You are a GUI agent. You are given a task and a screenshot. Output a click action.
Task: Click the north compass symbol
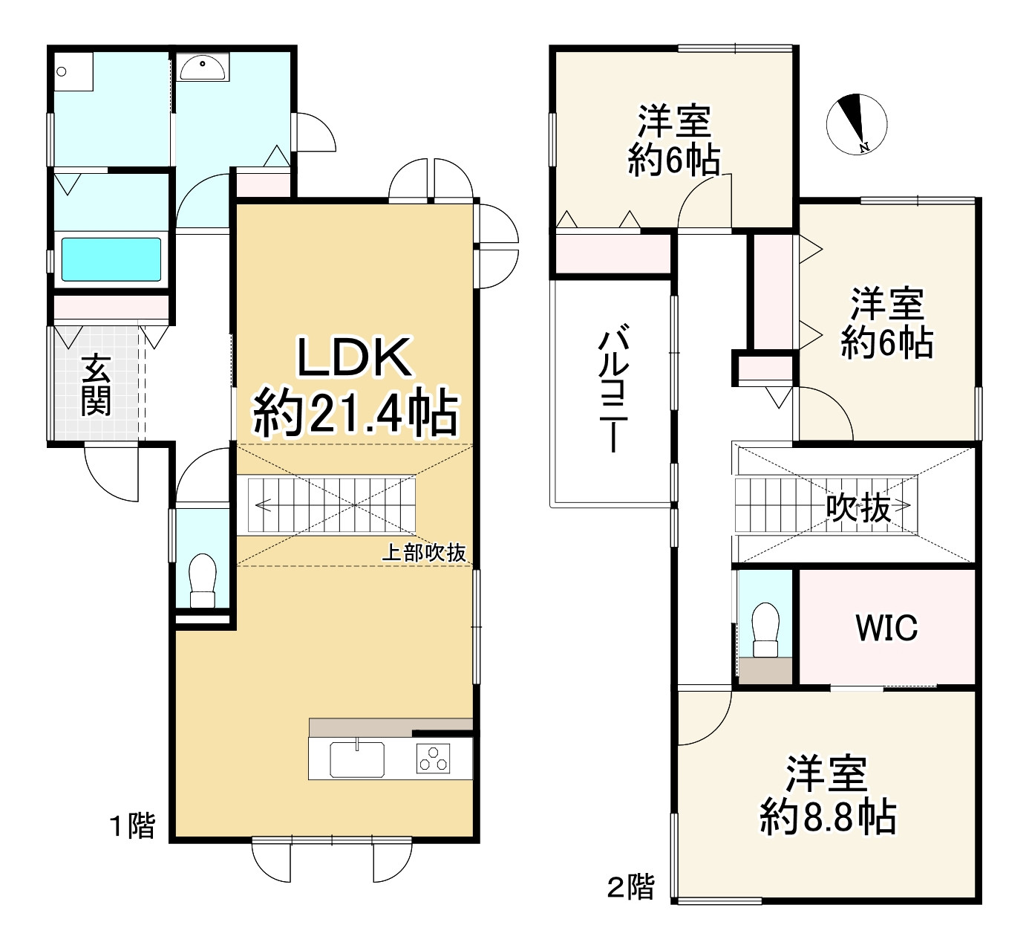[856, 125]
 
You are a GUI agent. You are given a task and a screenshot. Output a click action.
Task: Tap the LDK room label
[354, 358]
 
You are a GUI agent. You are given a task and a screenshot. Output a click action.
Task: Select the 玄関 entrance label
[96, 385]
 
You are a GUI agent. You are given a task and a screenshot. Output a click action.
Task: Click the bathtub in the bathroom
[111, 259]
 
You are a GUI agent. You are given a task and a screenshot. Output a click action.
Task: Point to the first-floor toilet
[202, 579]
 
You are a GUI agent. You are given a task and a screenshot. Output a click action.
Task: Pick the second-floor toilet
[765, 629]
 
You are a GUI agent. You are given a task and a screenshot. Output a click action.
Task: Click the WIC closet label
[886, 628]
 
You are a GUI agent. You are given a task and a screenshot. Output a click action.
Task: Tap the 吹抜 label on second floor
[858, 508]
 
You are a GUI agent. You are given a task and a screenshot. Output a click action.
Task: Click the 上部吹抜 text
[423, 552]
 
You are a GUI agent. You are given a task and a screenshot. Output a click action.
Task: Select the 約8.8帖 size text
[828, 817]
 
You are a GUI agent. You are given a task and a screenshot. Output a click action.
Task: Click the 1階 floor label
[133, 825]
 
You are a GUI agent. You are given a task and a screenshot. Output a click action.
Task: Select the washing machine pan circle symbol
[62, 72]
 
